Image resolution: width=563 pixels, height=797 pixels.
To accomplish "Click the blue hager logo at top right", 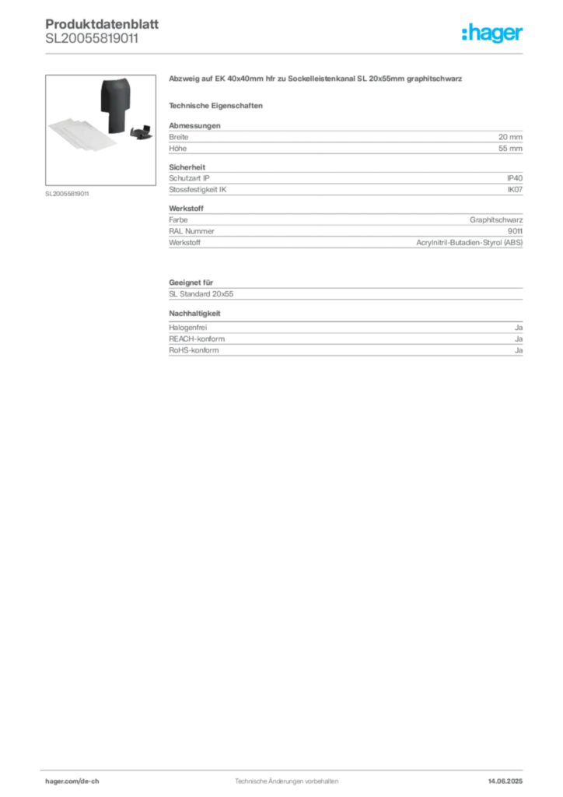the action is pos(494,34).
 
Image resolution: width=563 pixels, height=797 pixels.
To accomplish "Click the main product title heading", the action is pos(317,81).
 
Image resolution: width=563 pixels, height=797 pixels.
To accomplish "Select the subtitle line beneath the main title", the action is pos(219,105).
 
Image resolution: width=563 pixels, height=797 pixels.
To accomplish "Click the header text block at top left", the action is pos(93,31).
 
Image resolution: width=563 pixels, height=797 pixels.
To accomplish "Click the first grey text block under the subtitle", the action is pos(344,139).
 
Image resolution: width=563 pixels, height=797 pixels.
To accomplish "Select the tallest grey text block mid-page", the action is pos(344,231).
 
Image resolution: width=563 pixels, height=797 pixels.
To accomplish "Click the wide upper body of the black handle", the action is pos(115,93).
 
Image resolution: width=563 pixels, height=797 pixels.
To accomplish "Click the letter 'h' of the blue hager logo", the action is pos(466,34).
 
